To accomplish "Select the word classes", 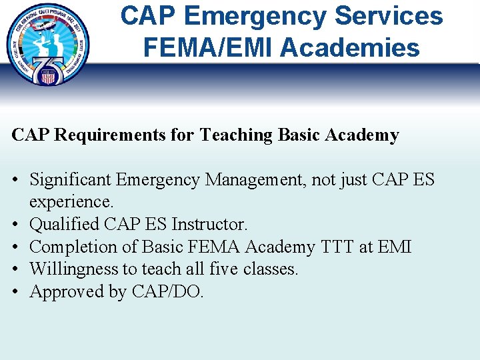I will click(x=270, y=269).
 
